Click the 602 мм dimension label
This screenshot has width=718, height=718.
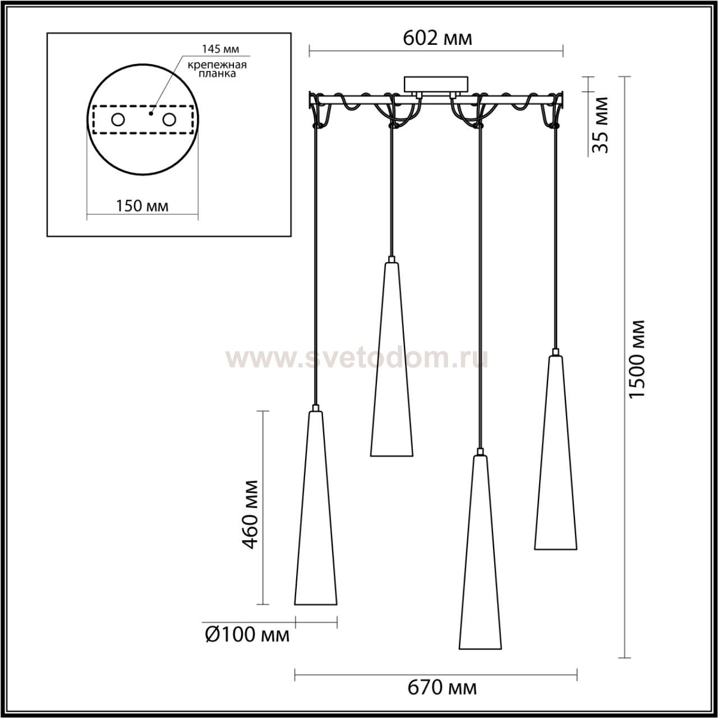click(438, 38)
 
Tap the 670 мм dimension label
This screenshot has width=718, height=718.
click(442, 688)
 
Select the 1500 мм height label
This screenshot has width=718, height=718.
click(637, 359)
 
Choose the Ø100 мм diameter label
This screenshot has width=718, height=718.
click(247, 634)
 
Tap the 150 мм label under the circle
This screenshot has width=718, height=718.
click(142, 206)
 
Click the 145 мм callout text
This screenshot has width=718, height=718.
click(220, 49)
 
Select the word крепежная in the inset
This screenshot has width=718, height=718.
click(217, 65)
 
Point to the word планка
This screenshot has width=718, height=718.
click(217, 74)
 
